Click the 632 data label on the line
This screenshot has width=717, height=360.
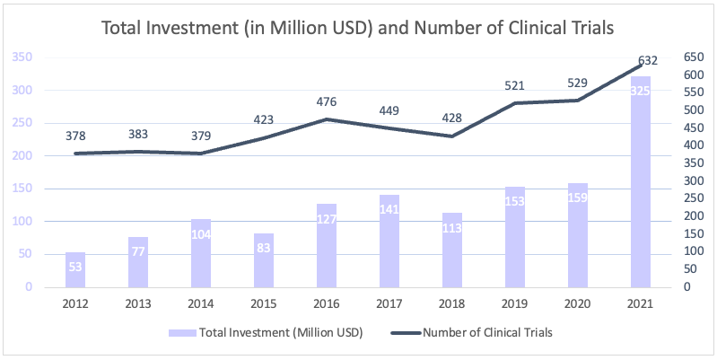[647, 61]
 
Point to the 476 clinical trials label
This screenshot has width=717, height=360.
[327, 101]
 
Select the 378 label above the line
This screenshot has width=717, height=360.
[75, 136]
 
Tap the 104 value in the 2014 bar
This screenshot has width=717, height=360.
[201, 233]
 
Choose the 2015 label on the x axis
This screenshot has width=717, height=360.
[264, 305]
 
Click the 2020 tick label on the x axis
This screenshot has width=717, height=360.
[577, 305]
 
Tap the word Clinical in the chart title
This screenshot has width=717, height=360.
[524, 28]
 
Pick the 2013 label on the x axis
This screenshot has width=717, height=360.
[138, 305]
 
